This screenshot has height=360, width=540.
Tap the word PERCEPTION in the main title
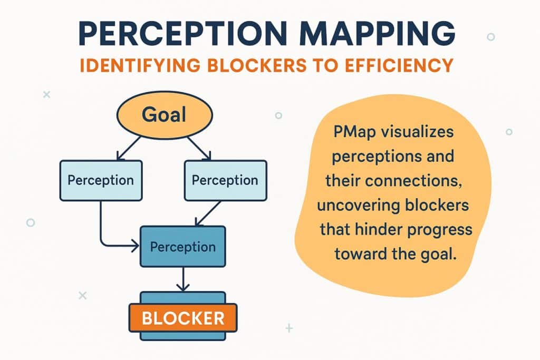[x=182, y=33]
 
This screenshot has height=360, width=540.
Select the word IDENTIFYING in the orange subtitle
[x=140, y=65]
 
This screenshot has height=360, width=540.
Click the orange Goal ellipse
[x=165, y=114]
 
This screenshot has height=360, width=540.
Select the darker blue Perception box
[x=183, y=247]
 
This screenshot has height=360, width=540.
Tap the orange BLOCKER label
[x=183, y=318]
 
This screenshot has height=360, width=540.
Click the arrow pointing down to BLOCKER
[x=183, y=279]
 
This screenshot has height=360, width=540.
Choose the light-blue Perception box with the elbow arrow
[x=101, y=180]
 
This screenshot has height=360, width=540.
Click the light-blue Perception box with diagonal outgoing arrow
[x=226, y=180]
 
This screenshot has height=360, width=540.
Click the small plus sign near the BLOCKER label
[x=290, y=328]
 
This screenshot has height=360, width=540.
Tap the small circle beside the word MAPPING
[x=491, y=36]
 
